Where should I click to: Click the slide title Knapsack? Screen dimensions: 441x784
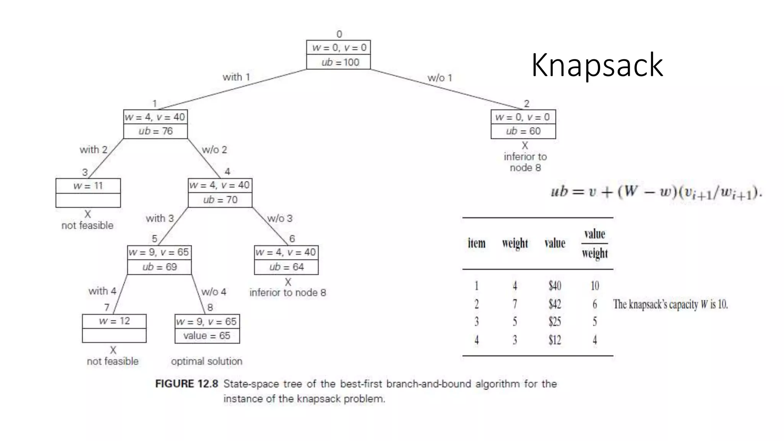[597, 65]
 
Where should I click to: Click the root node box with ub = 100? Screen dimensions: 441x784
[338, 55]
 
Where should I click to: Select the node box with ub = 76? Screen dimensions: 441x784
[155, 124]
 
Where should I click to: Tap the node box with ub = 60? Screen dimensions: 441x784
[523, 124]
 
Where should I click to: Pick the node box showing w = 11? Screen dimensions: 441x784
[88, 193]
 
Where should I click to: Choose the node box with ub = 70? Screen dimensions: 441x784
[220, 193]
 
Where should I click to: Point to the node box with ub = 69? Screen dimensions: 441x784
[159, 260]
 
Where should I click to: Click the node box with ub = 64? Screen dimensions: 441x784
[286, 260]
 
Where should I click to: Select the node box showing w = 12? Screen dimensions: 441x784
[114, 328]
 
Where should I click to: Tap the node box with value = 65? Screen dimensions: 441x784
[207, 328]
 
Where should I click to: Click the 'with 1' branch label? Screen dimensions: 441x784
[236, 77]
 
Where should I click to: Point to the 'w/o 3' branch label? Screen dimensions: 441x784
[280, 218]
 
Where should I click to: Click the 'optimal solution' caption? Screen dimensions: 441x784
[206, 361]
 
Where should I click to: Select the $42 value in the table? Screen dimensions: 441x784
[555, 304]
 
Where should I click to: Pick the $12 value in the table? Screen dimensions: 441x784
[555, 340]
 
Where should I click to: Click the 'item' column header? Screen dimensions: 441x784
[477, 243]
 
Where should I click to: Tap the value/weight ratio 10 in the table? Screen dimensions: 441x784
[595, 286]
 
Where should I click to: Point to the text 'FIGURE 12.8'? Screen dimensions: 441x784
[186, 384]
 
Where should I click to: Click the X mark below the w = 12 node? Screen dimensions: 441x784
[113, 350]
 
